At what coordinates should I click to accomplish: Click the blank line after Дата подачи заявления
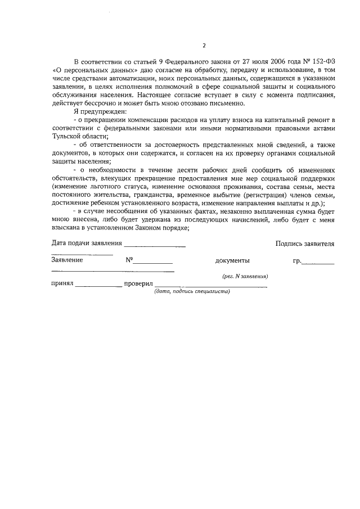[155, 245]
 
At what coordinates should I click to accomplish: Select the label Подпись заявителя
[305, 244]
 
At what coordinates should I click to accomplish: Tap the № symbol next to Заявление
[129, 260]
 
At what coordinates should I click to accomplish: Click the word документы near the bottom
[232, 260]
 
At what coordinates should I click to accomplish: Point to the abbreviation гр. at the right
[298, 260]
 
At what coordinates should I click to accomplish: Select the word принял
[62, 284]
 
